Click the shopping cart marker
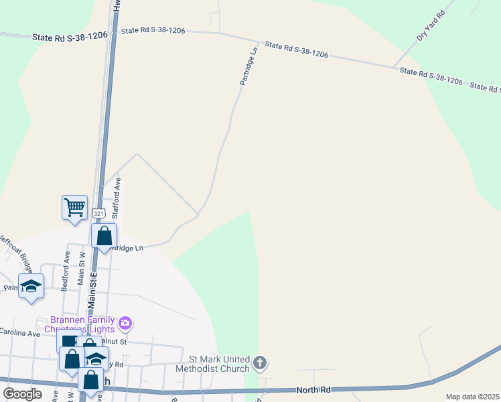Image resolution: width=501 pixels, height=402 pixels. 74,207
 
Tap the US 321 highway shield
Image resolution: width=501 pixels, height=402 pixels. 99,213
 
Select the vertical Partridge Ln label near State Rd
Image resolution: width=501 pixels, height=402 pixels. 248,66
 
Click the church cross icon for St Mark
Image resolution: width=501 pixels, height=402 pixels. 260,364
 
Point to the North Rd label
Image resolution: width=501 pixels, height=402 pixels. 313,389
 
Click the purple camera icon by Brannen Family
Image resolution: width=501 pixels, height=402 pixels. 125,324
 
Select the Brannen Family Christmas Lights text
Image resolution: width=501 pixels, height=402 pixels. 83,324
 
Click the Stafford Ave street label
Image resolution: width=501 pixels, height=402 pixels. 116,198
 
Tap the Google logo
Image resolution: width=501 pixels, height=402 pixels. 22,393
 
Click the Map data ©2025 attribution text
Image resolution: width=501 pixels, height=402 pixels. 472,397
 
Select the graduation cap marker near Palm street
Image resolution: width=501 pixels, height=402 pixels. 31,286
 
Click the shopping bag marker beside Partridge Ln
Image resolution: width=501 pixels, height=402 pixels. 104,236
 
